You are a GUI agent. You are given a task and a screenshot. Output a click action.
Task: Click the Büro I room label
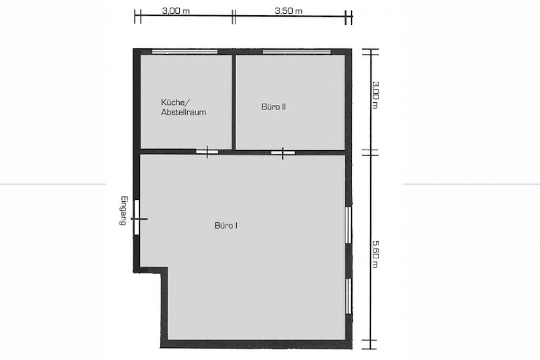[226, 226]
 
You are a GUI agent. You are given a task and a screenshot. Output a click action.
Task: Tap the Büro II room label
[274, 106]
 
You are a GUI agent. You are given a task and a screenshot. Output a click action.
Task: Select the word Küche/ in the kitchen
[175, 102]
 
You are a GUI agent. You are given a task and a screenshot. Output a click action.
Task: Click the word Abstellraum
[184, 112]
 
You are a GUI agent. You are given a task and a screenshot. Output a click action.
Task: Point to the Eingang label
[123, 211]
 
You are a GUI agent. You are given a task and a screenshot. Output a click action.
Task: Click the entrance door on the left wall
[137, 218]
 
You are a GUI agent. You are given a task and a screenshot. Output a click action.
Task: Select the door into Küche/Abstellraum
[207, 152]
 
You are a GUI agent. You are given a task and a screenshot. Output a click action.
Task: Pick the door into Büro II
[283, 152]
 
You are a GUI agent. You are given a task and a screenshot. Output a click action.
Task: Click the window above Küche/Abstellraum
[185, 52]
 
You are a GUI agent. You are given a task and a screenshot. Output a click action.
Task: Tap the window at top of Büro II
[296, 52]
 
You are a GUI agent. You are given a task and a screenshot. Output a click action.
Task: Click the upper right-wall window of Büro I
[349, 225]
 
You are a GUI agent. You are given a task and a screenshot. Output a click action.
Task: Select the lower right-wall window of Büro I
[349, 296]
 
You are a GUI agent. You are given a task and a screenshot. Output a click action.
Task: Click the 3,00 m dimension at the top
[176, 11]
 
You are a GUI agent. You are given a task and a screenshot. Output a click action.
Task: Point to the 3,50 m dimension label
[288, 11]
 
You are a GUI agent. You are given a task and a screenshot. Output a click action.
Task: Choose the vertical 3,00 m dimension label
[375, 95]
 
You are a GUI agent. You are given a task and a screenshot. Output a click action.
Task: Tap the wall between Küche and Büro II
[234, 102]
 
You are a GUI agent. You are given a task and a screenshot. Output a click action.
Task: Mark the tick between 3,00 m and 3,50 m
[234, 16]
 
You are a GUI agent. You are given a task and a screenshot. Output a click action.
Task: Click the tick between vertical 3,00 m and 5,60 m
[370, 152]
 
